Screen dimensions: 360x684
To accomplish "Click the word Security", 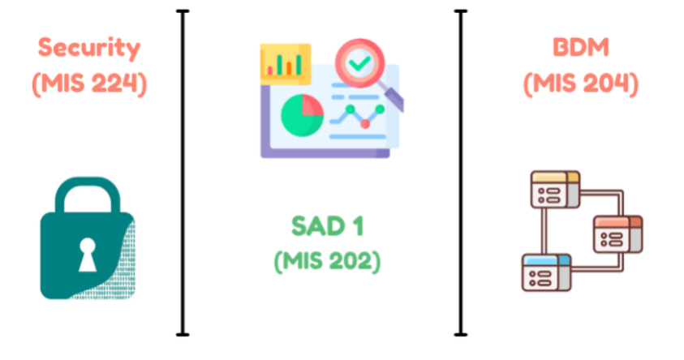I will (x=89, y=47).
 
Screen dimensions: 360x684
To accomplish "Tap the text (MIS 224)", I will (x=89, y=83).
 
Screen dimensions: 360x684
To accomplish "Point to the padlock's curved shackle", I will (x=87, y=195).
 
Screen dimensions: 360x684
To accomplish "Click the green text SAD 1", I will (x=328, y=226).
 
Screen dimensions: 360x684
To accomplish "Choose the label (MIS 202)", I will (x=328, y=261).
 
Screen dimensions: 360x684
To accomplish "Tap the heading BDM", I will (x=580, y=47).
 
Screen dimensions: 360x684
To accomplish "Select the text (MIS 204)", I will (x=580, y=83).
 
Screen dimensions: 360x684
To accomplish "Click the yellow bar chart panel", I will (x=286, y=63).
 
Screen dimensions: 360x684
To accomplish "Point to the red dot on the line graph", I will (x=365, y=123).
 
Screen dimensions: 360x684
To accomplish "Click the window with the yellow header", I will (x=554, y=189).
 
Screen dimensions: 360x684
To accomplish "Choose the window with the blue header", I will (x=545, y=272).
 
